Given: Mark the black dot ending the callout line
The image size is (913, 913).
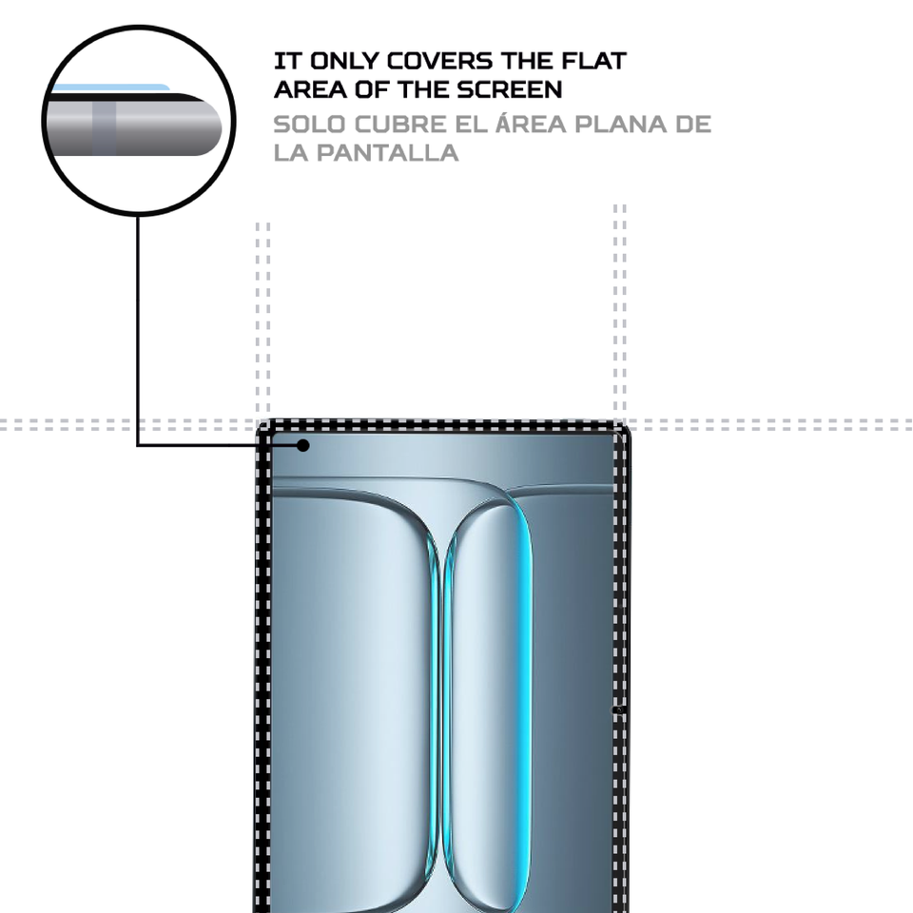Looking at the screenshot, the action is (x=303, y=444).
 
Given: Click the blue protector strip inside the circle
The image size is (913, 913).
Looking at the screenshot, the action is (x=109, y=87).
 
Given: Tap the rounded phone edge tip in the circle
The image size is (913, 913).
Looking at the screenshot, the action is (x=221, y=123).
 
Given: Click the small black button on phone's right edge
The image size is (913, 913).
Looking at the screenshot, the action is (x=619, y=709).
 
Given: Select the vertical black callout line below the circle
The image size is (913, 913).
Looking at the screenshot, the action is (x=138, y=323).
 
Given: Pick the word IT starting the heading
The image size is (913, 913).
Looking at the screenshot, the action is (x=282, y=62).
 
